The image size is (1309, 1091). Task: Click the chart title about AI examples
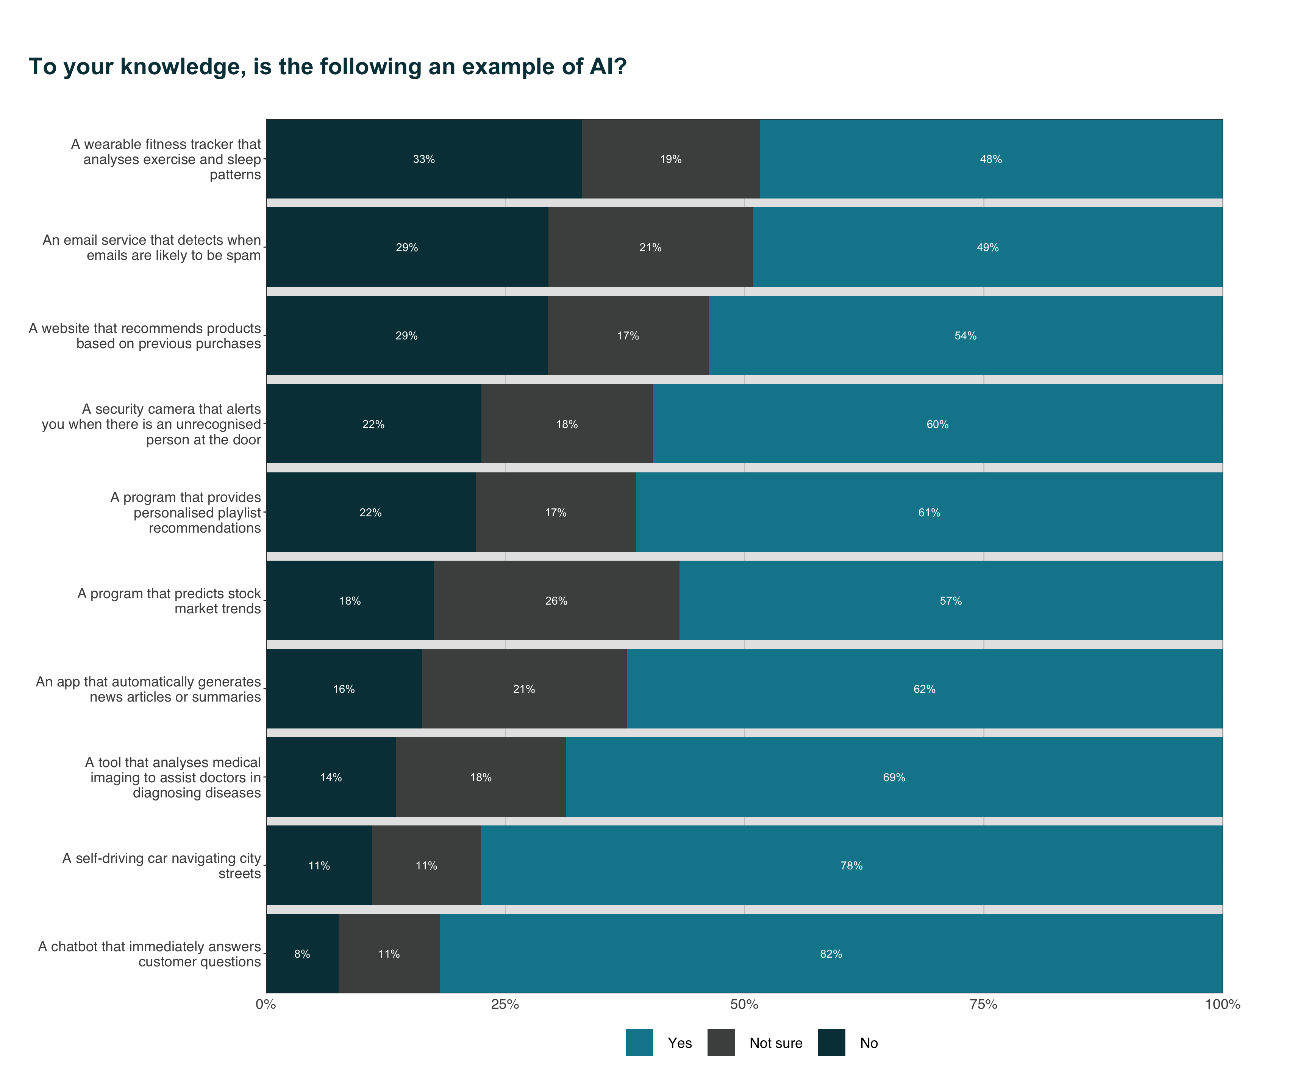[327, 67]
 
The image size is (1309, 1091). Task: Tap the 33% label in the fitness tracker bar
[424, 159]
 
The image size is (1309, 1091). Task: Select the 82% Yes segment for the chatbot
[831, 954]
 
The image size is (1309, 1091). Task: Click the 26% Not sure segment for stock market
[556, 601]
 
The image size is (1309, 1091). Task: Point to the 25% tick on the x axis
[505, 1004]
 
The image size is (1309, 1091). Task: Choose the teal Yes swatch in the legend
[639, 1043]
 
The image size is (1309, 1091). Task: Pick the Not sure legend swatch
[721, 1043]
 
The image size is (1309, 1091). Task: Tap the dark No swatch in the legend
[831, 1043]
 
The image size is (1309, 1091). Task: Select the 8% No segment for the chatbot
[302, 954]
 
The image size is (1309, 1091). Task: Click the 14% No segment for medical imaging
[331, 777]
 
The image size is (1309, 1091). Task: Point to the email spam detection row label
[152, 247]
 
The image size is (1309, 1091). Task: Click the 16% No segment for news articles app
[344, 689]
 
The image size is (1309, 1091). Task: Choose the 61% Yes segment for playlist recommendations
[929, 513]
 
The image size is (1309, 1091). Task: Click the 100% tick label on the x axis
[1222, 1004]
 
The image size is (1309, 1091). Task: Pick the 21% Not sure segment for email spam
[650, 247]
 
